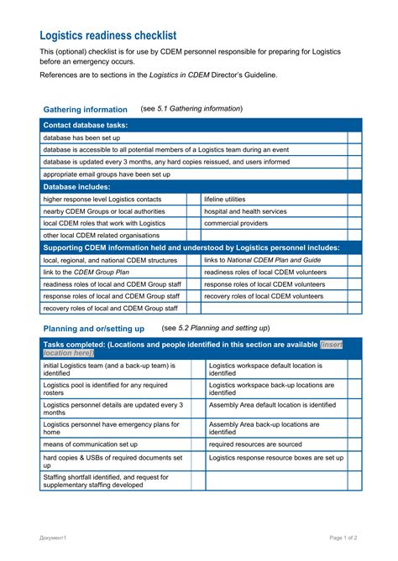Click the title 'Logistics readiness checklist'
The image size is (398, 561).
click(108, 35)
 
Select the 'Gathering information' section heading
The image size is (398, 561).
click(85, 109)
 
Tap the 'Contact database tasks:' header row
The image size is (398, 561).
click(86, 125)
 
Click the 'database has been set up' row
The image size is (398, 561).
click(81, 138)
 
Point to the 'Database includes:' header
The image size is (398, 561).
click(76, 186)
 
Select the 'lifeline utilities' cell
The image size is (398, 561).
click(224, 200)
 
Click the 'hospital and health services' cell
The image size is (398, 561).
click(245, 211)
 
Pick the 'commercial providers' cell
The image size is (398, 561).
click(235, 223)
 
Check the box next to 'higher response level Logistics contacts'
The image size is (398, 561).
click(193, 200)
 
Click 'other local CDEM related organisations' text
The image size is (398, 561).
click(101, 236)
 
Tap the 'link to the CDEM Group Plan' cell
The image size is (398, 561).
click(86, 273)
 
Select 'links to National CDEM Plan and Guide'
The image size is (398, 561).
click(262, 260)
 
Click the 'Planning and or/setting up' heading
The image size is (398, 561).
click(93, 329)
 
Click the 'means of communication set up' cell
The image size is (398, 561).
click(91, 444)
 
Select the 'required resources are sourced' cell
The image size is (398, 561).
click(255, 444)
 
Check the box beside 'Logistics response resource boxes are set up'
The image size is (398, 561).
click(353, 459)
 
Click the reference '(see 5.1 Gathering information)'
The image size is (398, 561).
click(191, 109)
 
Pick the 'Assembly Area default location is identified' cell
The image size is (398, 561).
click(272, 404)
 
